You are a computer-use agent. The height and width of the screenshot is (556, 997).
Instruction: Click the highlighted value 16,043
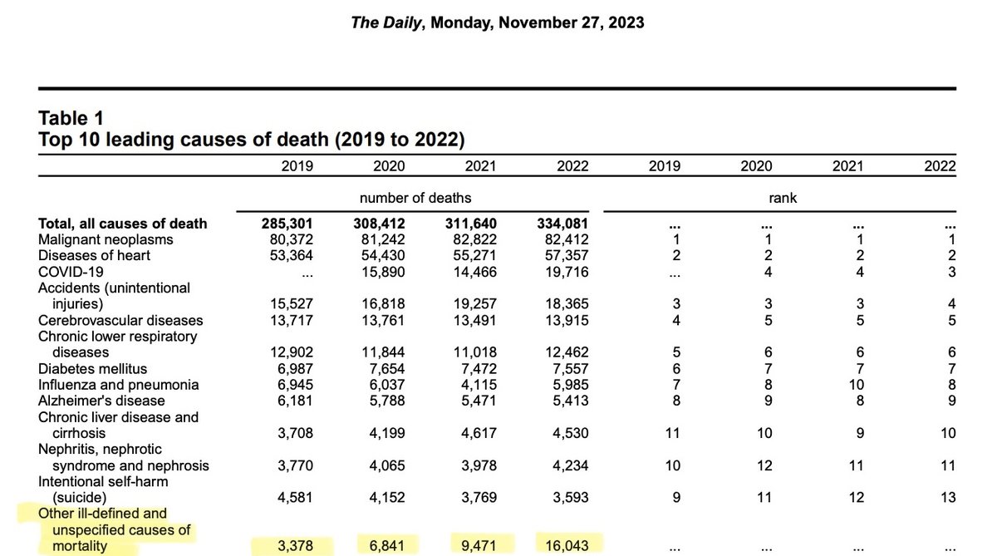point(568,546)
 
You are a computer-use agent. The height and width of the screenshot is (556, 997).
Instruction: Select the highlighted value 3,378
point(294,546)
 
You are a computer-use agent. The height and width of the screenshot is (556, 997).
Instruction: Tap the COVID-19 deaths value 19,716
point(568,272)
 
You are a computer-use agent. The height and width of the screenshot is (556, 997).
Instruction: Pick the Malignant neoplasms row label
point(106,239)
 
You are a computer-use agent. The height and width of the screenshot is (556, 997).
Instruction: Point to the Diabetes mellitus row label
point(92,368)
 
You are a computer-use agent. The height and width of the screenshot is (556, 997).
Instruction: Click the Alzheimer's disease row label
point(101,401)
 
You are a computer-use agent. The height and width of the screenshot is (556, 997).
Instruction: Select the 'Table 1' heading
point(71,119)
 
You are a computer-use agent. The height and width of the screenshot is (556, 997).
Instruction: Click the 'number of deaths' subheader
point(415,198)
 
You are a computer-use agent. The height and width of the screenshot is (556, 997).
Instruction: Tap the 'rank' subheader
point(783,198)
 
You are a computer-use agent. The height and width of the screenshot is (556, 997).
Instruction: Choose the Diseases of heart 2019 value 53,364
point(291,255)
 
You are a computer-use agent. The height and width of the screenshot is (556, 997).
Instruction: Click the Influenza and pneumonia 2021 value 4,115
point(478,385)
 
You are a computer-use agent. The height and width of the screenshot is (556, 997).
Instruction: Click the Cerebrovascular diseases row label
point(120,320)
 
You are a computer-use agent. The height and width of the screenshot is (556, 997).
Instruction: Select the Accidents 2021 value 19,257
point(477,304)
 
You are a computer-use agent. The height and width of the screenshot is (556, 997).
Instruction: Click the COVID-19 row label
point(69,272)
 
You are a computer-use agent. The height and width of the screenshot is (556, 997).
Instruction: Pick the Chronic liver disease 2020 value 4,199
point(386,433)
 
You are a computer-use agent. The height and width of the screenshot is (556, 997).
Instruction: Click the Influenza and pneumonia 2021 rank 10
point(856,385)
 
